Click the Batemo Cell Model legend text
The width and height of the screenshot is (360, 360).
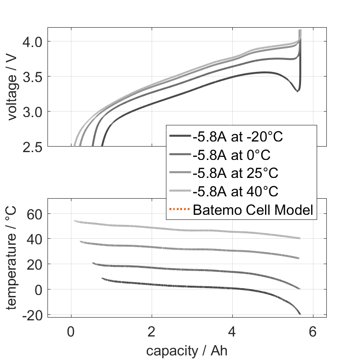click(x=253, y=210)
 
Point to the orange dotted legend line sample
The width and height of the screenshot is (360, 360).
click(x=179, y=210)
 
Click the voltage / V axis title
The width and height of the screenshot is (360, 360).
click(x=12, y=88)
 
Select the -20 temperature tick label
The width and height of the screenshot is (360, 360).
click(x=32, y=314)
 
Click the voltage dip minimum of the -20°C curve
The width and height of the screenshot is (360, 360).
click(x=297, y=91)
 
